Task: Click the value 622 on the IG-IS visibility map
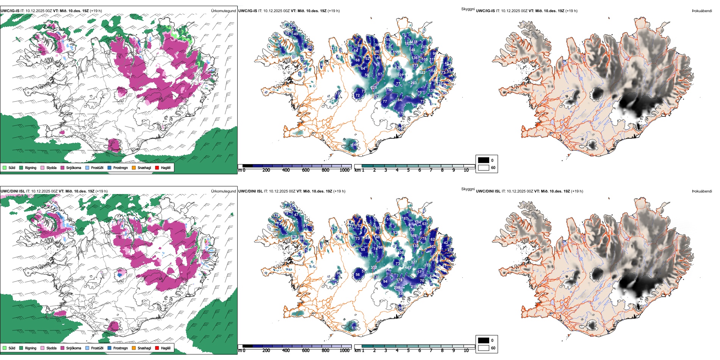[422, 73]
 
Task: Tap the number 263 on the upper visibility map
[413, 83]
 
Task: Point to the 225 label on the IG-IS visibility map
[374, 88]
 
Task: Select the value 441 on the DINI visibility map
[408, 268]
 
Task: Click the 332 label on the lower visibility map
[374, 268]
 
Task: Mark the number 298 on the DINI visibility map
[397, 288]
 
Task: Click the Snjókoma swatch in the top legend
[63, 167]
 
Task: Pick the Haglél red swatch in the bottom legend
[157, 348]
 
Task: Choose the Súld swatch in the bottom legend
[5, 348]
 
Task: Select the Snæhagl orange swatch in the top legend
[134, 167]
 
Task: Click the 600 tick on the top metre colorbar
[305, 170]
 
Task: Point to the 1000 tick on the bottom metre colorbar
[344, 351]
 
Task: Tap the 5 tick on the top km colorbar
[408, 170]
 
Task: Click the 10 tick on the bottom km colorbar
[466, 351]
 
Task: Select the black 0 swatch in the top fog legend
[484, 160]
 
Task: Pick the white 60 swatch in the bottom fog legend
[484, 348]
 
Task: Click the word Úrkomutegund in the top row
[223, 11]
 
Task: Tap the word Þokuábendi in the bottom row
[702, 191]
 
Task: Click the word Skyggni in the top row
[468, 9]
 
